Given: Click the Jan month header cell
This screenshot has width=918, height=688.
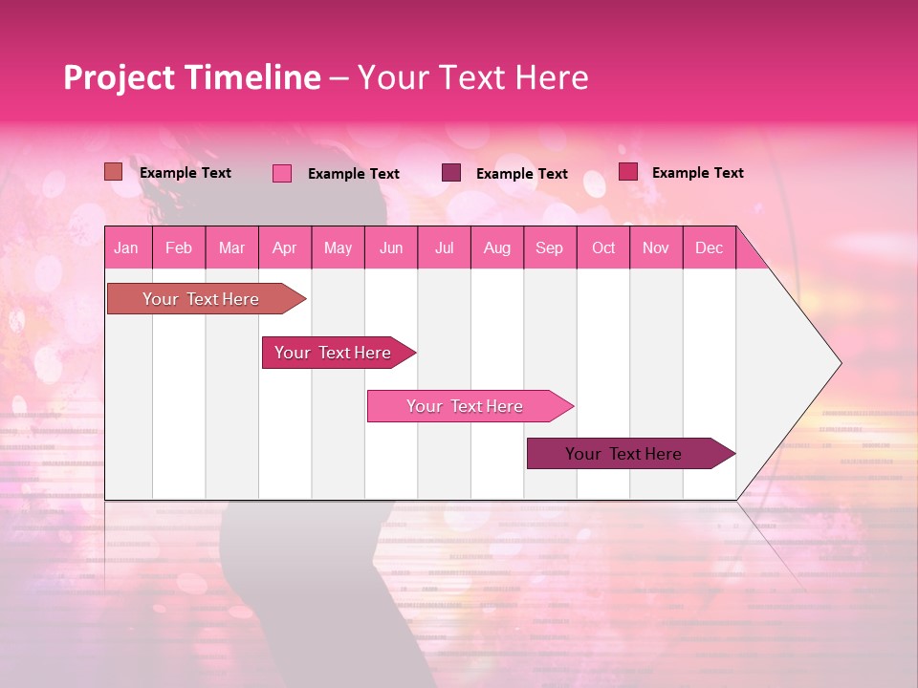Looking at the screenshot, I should [x=127, y=247].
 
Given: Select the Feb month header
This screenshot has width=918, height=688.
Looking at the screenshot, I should [x=179, y=247].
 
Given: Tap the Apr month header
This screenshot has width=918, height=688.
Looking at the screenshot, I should [x=285, y=247].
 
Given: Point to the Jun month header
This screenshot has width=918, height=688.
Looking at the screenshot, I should [x=391, y=247].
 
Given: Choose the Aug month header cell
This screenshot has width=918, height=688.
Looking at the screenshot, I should [x=496, y=247].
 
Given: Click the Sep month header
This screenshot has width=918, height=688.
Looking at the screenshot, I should [x=550, y=247].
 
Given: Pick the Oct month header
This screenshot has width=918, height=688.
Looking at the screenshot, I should [x=603, y=247].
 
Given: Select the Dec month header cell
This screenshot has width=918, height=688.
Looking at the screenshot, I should [x=709, y=247].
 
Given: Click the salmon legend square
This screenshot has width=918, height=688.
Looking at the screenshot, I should [x=114, y=172].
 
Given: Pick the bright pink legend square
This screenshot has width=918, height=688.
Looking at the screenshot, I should [x=282, y=173].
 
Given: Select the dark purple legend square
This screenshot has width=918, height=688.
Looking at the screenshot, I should [x=451, y=173].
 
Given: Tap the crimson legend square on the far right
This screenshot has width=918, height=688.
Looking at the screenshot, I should [x=628, y=172].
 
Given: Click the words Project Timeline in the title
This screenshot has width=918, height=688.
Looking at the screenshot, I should [x=192, y=77].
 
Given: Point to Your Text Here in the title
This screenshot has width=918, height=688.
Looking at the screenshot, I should [x=472, y=77].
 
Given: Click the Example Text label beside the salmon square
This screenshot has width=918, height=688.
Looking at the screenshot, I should [x=186, y=173].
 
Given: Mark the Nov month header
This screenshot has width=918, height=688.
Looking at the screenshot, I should [x=656, y=247].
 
